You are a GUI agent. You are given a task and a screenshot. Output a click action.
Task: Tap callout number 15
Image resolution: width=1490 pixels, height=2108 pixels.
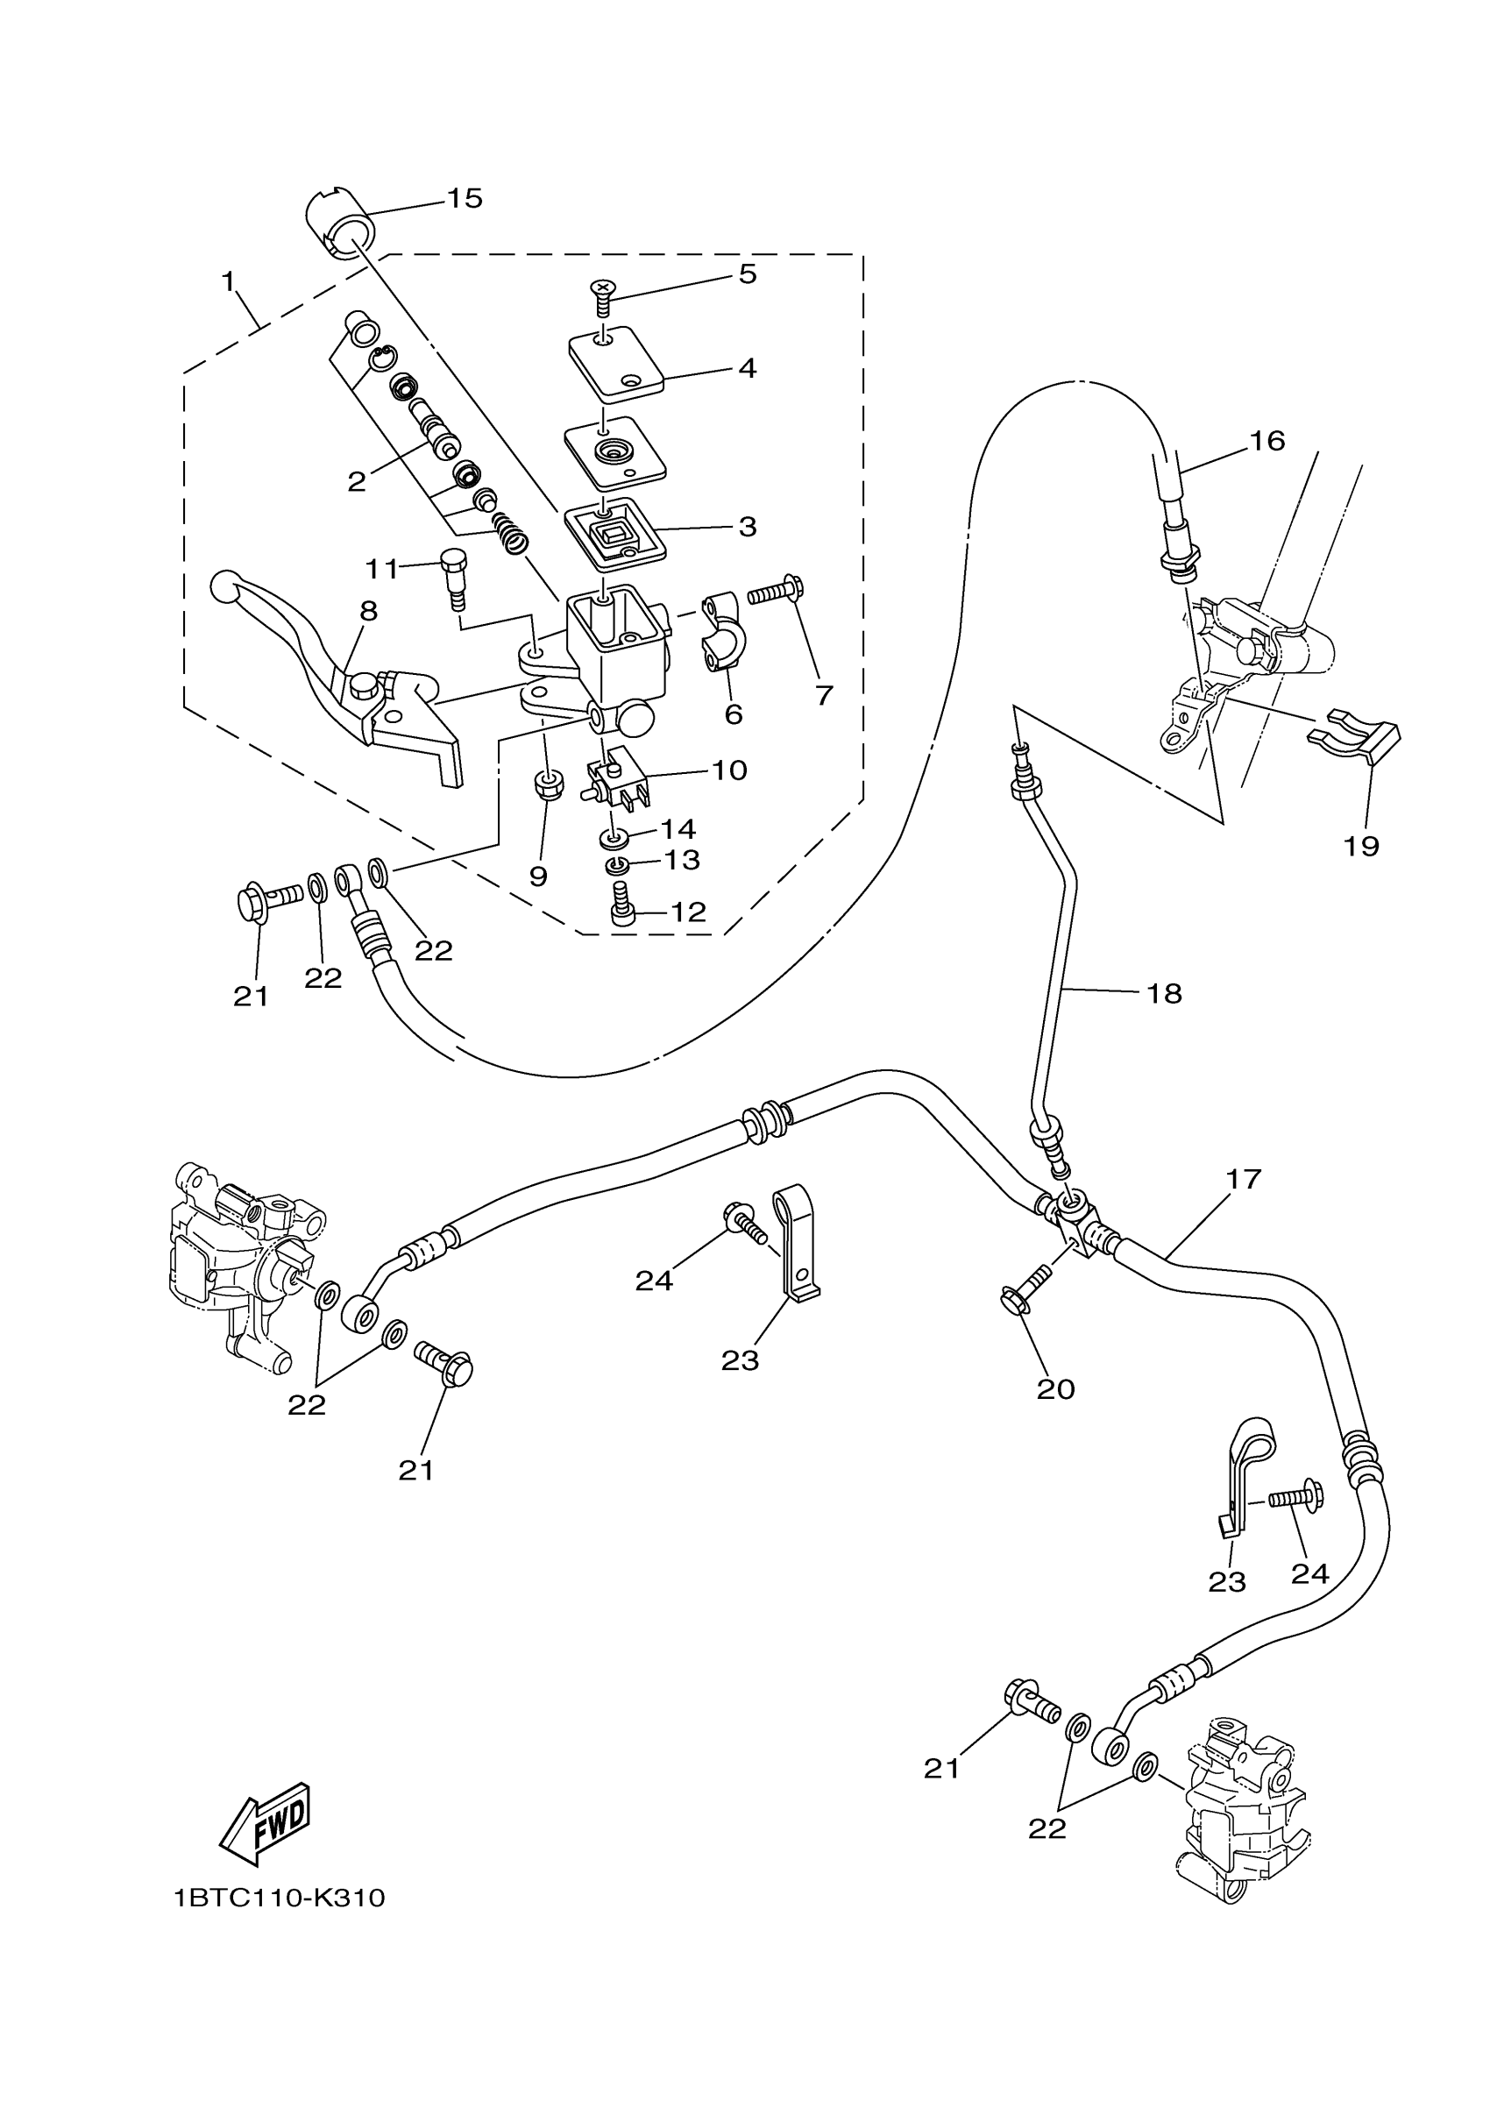coord(465,198)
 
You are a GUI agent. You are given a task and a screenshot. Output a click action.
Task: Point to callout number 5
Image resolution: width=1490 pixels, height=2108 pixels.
coord(748,274)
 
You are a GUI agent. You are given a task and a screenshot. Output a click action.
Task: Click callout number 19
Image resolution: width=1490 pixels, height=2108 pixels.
coord(1361,845)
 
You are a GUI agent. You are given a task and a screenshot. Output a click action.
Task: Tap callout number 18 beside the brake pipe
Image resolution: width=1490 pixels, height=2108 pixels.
coord(1164,993)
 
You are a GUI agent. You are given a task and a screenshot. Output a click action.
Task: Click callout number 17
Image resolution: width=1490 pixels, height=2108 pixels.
coord(1244,1179)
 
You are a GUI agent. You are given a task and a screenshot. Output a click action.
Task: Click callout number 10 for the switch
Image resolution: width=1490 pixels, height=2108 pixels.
coord(729,770)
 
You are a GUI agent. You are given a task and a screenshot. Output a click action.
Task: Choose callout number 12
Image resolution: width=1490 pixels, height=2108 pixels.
coord(689,912)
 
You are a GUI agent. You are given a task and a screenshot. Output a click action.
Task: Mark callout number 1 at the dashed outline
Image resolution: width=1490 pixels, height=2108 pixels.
coord(229,282)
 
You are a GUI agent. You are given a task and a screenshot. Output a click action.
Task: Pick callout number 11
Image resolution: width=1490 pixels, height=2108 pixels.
coord(382,569)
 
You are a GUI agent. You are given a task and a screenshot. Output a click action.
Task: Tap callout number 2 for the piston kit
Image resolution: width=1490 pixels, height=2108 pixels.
coord(356,481)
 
